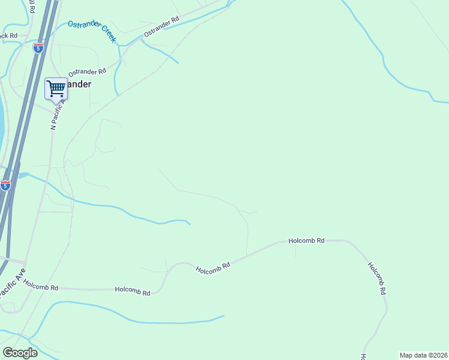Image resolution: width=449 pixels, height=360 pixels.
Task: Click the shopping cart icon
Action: tap(56, 88)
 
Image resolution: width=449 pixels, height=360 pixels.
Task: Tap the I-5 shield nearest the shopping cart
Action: tap(38, 48)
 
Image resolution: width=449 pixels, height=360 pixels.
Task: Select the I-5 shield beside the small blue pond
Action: tap(5, 185)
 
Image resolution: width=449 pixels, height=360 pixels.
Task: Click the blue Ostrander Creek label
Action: tap(91, 31)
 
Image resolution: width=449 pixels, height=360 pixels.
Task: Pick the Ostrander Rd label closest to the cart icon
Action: tap(87, 71)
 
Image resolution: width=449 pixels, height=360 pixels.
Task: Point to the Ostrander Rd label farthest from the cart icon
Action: tap(162, 27)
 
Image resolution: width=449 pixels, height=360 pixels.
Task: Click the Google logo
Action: tap(20, 353)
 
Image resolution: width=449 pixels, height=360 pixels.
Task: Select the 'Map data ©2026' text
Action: tap(424, 355)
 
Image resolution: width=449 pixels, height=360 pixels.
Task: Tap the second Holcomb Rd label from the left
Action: tap(133, 291)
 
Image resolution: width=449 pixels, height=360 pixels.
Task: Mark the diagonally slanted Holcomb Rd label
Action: tap(213, 268)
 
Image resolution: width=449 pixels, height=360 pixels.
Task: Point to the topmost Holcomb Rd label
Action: tap(306, 240)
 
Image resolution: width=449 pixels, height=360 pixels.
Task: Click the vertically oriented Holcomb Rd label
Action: tap(376, 278)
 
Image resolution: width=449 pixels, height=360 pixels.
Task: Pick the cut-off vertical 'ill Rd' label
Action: tap(32, 8)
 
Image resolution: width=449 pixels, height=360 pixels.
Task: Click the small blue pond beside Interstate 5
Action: tap(23, 175)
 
